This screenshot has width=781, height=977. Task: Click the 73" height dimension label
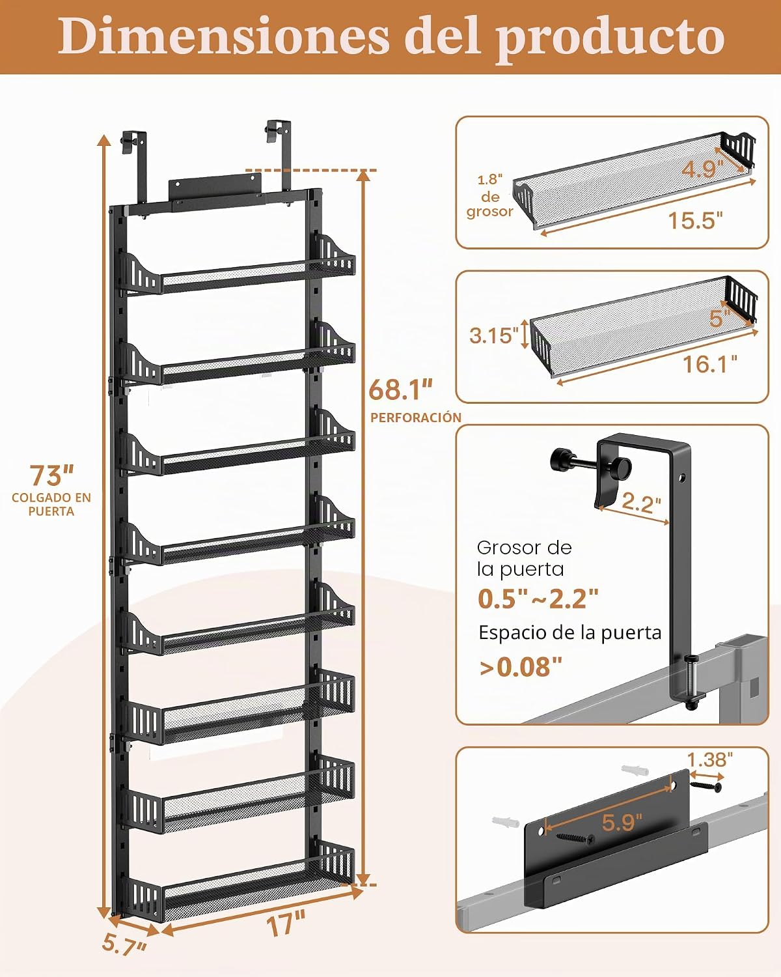(51, 475)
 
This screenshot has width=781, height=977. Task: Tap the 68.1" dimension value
(400, 389)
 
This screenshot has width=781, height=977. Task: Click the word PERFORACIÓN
(416, 418)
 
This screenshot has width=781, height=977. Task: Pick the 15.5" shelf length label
(695, 221)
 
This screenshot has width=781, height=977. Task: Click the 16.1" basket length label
(710, 363)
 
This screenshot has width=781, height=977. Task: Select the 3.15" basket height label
(494, 336)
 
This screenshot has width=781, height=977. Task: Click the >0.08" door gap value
(521, 667)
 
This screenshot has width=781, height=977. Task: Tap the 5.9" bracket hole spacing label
(622, 822)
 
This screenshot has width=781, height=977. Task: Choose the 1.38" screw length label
(710, 759)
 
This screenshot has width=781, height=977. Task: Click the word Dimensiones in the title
(223, 36)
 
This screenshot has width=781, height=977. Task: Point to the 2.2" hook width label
(641, 503)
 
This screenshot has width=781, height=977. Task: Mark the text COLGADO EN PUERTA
(51, 504)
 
